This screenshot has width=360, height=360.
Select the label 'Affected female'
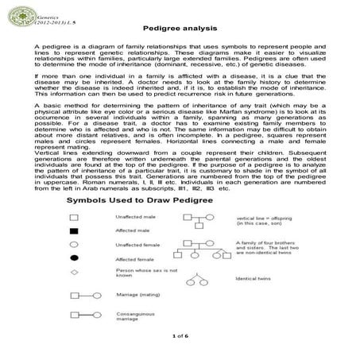click(x=134, y=260)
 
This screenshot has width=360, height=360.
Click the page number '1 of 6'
click(x=179, y=337)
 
